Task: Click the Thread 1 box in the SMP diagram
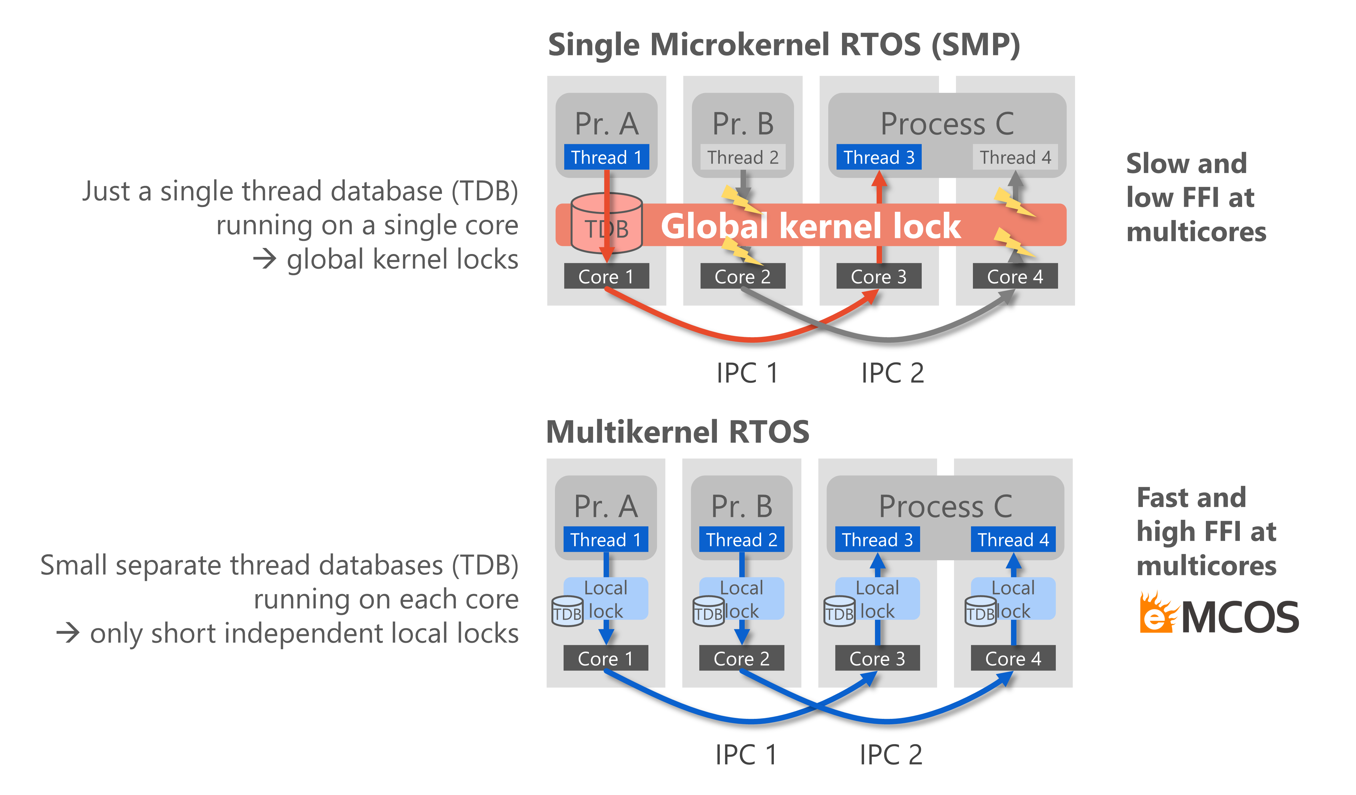(x=606, y=157)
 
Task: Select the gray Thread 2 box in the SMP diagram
(x=742, y=157)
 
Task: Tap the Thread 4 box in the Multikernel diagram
(x=1013, y=539)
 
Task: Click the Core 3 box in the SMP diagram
(x=879, y=276)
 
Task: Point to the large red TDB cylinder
(x=606, y=223)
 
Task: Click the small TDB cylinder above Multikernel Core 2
(x=708, y=611)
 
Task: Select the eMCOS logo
(x=1219, y=613)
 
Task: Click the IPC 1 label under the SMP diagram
(x=747, y=373)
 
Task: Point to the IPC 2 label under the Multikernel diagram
(x=891, y=755)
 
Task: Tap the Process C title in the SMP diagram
(x=947, y=124)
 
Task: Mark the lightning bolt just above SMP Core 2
(x=742, y=251)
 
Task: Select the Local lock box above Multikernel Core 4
(x=1013, y=599)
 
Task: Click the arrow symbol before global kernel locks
(x=265, y=260)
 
